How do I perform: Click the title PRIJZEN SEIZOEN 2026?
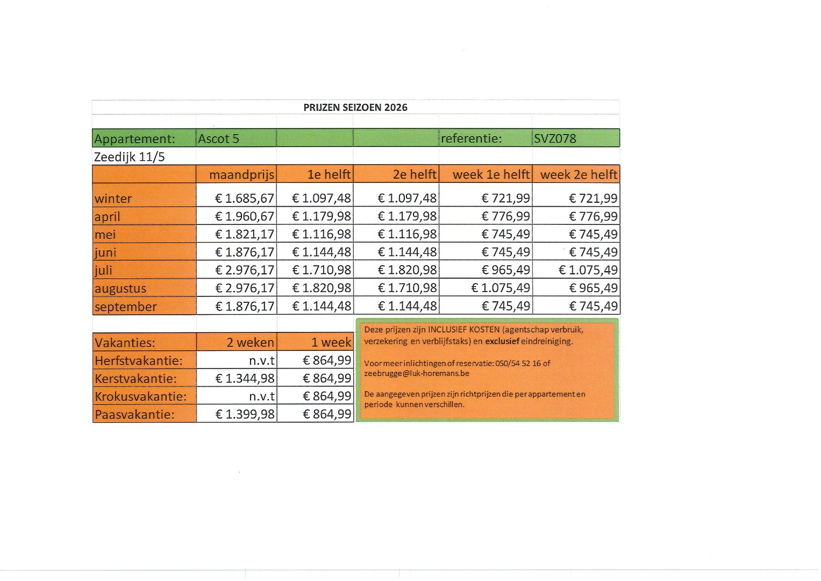tap(355, 107)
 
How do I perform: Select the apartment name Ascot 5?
tap(218, 139)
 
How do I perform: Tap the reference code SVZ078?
tap(555, 139)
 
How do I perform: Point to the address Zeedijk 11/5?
tap(129, 157)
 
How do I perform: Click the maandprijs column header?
tap(241, 175)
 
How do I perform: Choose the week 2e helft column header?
tap(579, 175)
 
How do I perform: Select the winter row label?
tap(113, 199)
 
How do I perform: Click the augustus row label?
tap(120, 288)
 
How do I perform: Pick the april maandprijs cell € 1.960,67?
tap(245, 216)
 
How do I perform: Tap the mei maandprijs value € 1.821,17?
tap(245, 235)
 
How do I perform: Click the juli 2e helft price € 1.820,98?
tap(407, 270)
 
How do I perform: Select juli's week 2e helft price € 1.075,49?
tap(588, 270)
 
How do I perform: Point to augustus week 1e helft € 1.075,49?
tap(501, 288)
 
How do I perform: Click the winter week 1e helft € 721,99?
tap(505, 199)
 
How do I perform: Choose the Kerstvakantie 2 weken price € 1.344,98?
tap(245, 379)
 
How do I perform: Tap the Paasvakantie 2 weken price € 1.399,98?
tap(245, 415)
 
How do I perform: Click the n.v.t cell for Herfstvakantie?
tap(262, 360)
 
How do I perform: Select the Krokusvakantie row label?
tap(140, 397)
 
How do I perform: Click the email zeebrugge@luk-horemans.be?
tap(416, 373)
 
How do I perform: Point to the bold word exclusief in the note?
tap(502, 342)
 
